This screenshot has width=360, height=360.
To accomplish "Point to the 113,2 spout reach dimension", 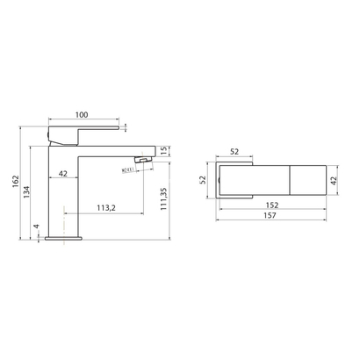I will point(105,208).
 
